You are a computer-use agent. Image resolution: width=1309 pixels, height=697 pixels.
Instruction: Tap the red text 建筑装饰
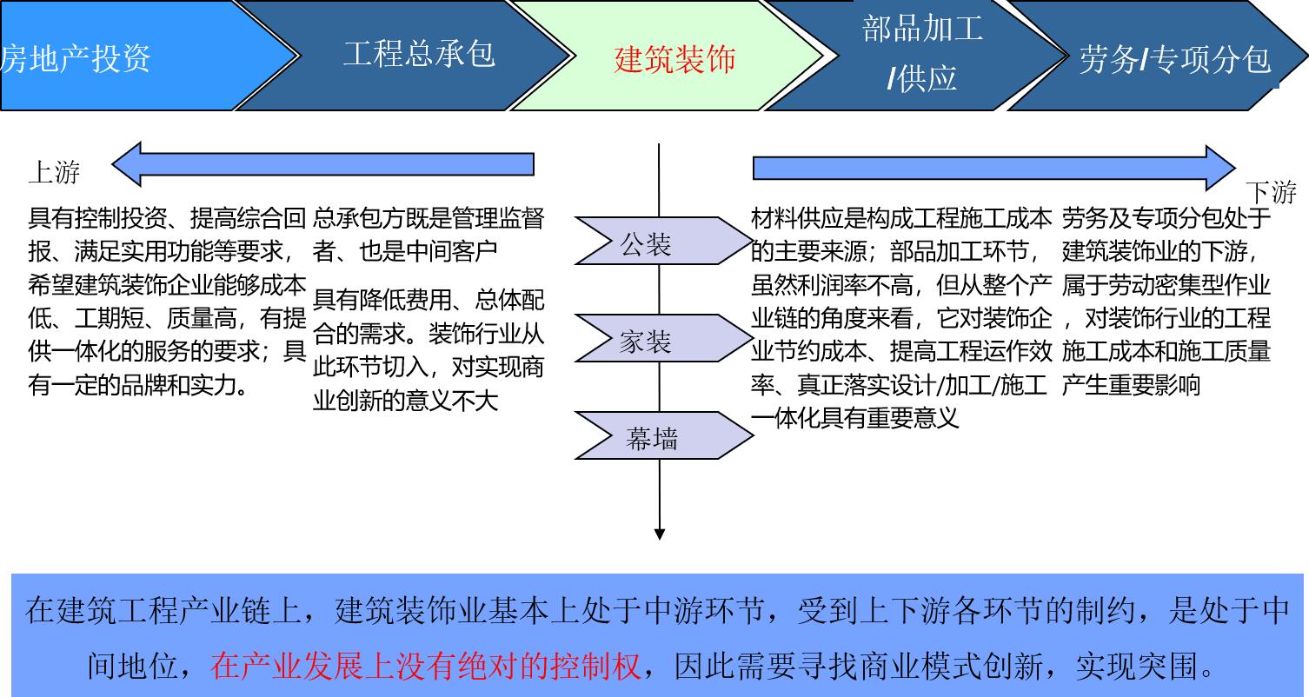pos(674,59)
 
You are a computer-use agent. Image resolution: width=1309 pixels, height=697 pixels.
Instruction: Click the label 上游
pos(55,172)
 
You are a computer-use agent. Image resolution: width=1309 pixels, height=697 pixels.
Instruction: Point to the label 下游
pos(1271,192)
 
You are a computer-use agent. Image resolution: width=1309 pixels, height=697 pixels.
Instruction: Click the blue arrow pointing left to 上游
pos(322,164)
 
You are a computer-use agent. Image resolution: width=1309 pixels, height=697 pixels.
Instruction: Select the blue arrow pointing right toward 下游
pos(994,169)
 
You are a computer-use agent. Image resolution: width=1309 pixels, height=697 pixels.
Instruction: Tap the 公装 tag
pos(664,241)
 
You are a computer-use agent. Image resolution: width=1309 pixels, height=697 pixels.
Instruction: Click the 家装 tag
pos(664,338)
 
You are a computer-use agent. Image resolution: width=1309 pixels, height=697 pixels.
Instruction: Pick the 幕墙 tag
pos(664,435)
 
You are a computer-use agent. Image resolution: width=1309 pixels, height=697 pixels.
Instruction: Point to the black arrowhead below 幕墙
pos(659,534)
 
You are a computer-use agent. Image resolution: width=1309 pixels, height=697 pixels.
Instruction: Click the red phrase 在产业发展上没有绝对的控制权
pos(425,666)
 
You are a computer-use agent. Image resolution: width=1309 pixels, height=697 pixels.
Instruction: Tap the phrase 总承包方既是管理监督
pos(429,218)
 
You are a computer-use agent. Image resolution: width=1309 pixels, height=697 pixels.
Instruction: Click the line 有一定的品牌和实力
pos(138,385)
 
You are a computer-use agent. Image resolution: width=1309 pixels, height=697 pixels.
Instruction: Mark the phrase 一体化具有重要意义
pos(855,418)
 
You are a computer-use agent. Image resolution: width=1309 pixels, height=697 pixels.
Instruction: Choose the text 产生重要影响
pos(1131,385)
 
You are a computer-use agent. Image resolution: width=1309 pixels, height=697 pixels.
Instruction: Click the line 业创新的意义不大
pos(406,401)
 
